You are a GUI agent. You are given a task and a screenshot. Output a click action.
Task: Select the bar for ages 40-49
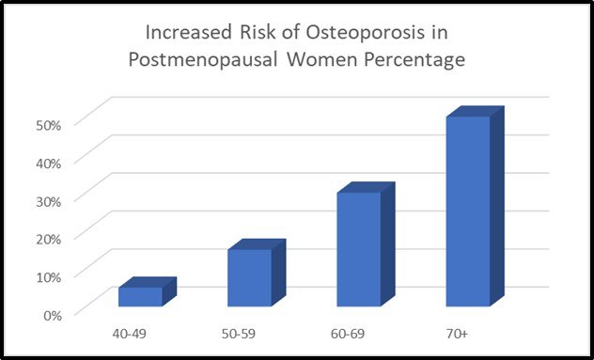pos(140,296)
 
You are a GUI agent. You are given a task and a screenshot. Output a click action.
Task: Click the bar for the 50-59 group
pos(250,277)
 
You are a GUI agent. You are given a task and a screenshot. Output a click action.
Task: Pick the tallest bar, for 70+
pos(468,211)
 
